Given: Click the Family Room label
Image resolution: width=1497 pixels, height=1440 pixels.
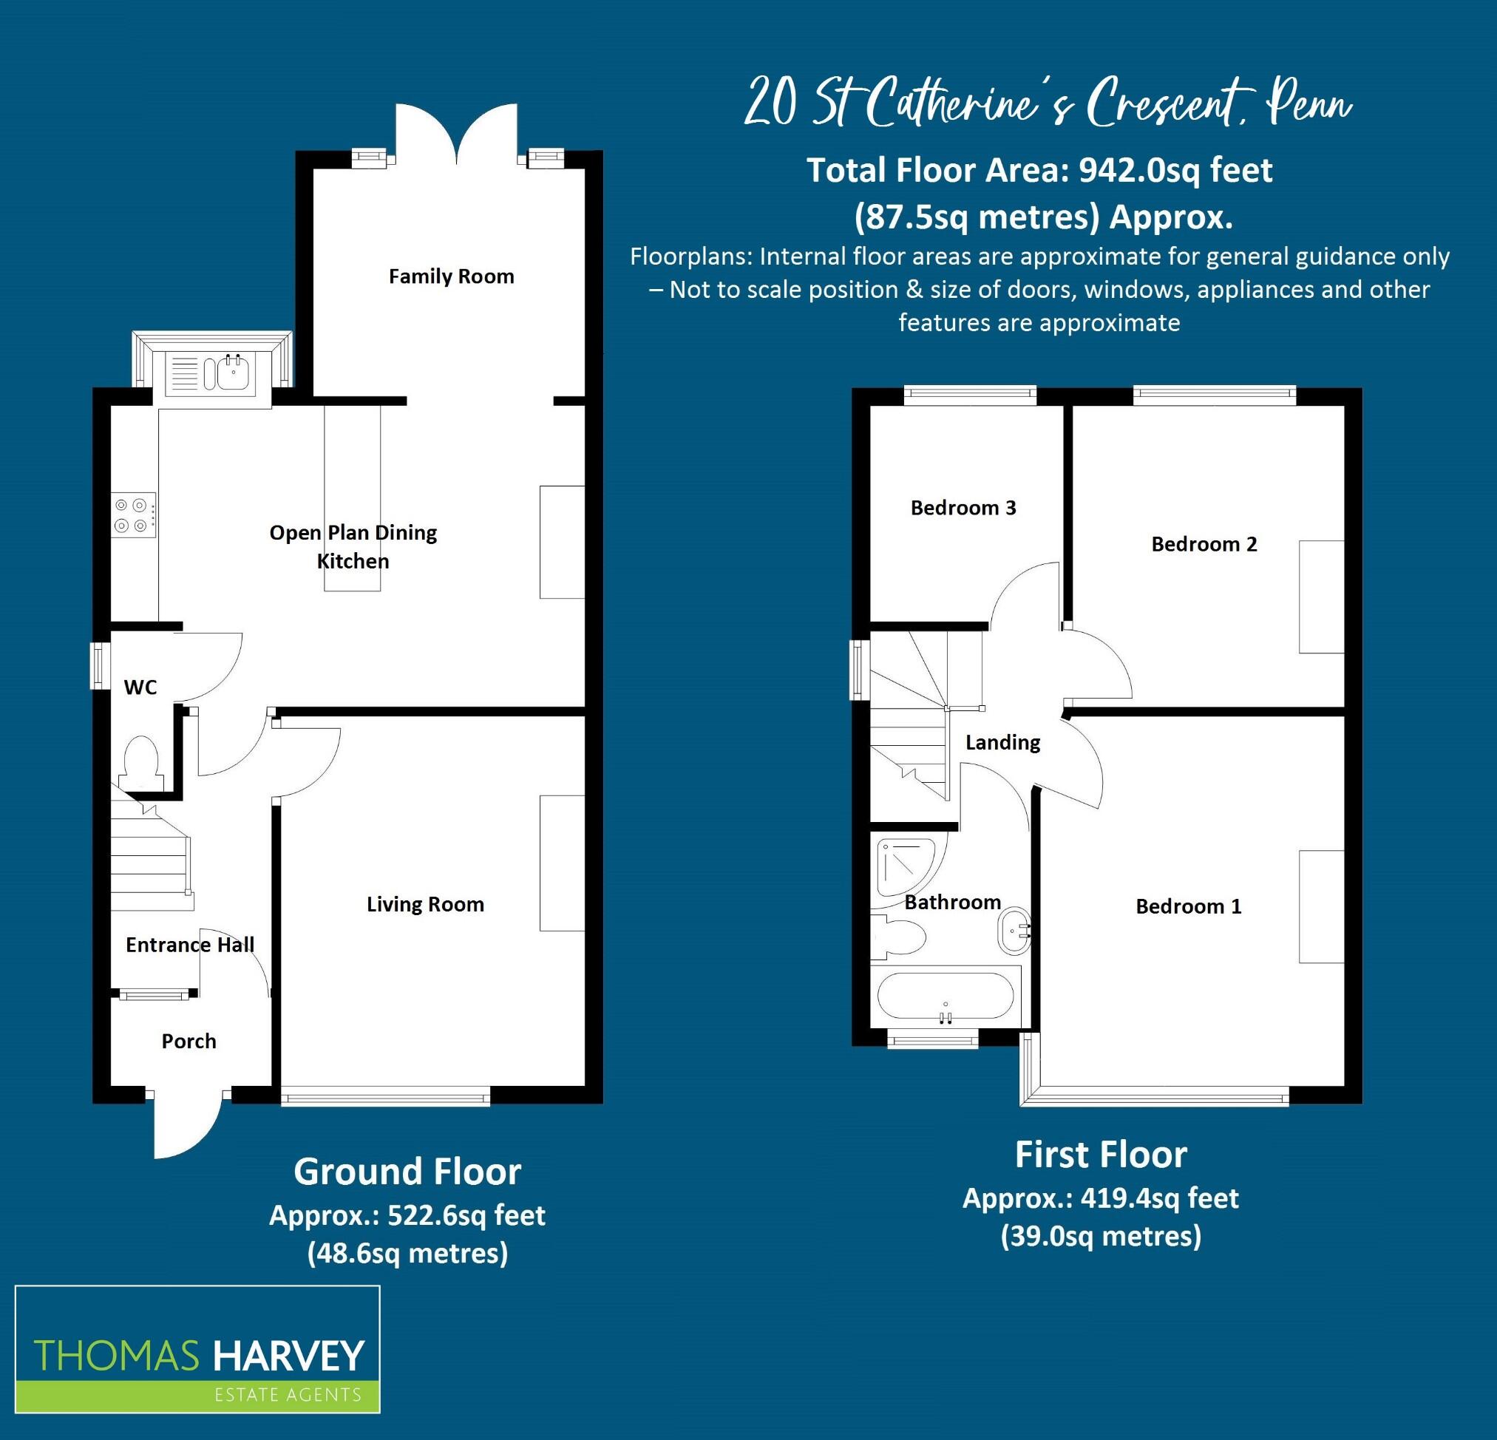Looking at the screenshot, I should [451, 276].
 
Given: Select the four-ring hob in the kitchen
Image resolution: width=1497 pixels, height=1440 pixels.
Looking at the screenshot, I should [131, 515].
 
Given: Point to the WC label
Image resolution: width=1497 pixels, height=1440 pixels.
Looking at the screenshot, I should [140, 687].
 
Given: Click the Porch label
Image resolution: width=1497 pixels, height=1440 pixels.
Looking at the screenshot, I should [189, 1042].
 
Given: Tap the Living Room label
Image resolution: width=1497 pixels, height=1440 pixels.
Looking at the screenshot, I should [424, 905].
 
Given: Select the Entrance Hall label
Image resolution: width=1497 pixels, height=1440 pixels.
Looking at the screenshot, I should [189, 945].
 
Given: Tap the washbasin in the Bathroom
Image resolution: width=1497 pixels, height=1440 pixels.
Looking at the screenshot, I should [1014, 931].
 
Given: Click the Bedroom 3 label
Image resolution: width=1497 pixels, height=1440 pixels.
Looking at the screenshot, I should [963, 508].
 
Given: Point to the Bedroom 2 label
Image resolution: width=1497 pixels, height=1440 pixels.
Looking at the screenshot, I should [1204, 544].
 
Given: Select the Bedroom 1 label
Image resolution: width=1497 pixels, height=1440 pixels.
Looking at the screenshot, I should [1188, 906].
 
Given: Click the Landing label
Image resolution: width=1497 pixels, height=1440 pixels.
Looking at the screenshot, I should [1002, 742].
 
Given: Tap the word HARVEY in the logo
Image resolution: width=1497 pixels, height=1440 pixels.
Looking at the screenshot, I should [288, 1356].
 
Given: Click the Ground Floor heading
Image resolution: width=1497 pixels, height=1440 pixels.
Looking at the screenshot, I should [407, 1171].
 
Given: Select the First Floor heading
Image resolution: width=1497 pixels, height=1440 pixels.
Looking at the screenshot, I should [1101, 1155].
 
